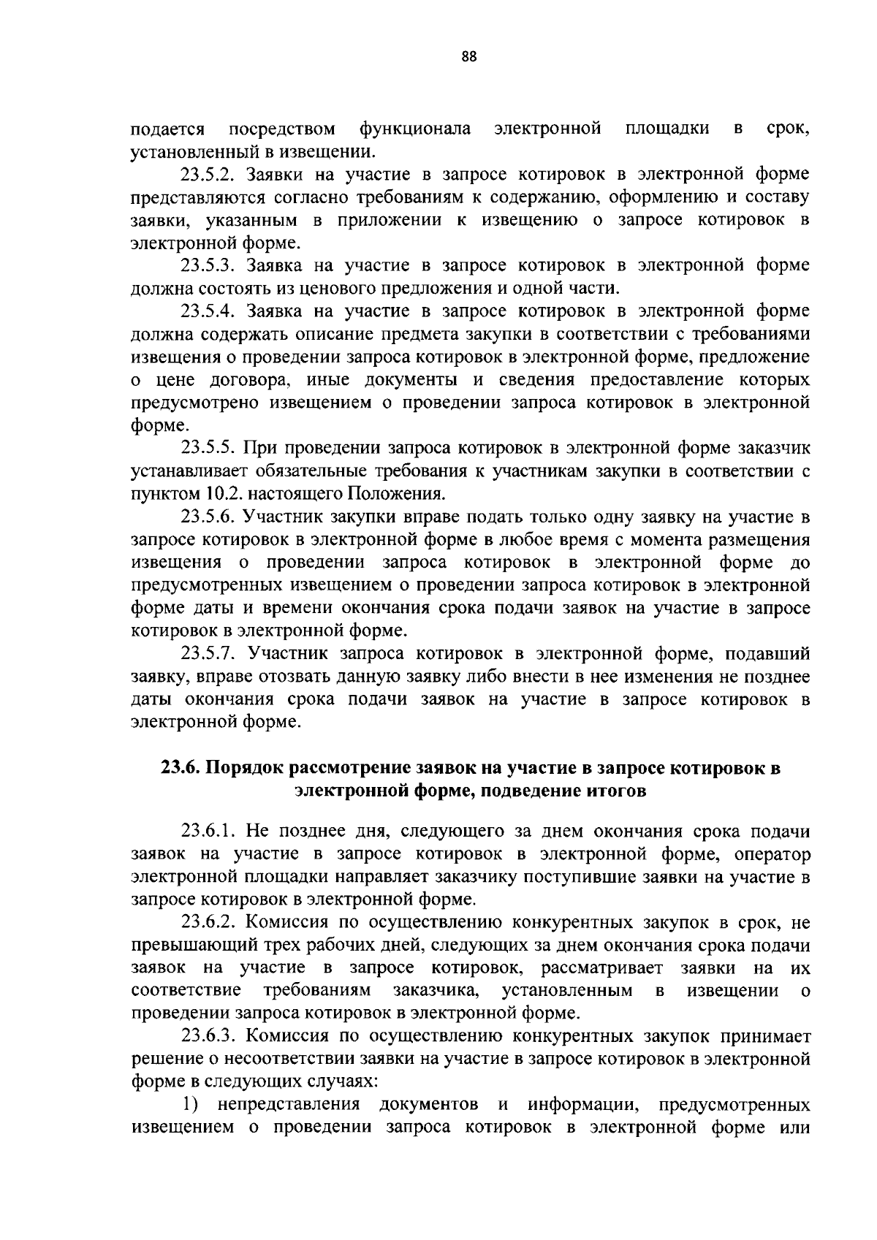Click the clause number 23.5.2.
click(x=208, y=175)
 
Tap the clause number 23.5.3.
click(x=208, y=266)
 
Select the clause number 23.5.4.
click(x=208, y=312)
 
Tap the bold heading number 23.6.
click(x=181, y=769)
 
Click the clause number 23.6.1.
click(x=208, y=832)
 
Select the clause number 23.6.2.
click(x=208, y=924)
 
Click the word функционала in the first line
click(x=414, y=130)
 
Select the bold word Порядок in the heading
click(x=246, y=769)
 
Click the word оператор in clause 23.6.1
click(x=772, y=855)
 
